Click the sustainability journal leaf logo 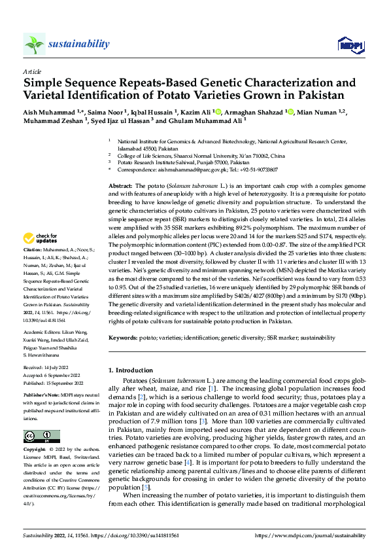tap(34, 44)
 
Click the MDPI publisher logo tap(347, 44)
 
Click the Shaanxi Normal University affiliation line tap(201, 156)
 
